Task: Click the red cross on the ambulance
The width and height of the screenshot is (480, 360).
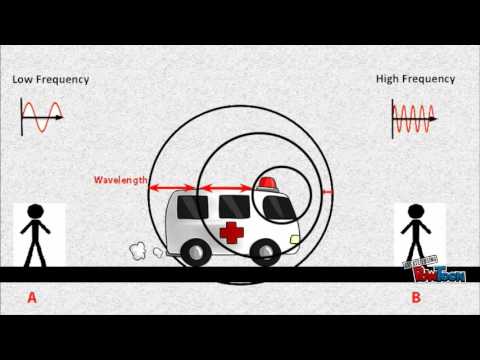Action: tap(231, 234)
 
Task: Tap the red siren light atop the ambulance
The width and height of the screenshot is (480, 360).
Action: tap(267, 183)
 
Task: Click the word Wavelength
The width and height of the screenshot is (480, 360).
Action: tap(121, 181)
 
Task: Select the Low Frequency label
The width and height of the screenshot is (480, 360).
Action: tap(51, 79)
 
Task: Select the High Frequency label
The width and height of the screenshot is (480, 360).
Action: tap(415, 78)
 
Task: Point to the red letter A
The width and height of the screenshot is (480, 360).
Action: tap(32, 296)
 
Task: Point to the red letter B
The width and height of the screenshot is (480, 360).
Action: tap(415, 296)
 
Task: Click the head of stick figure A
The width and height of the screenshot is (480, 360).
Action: tap(36, 213)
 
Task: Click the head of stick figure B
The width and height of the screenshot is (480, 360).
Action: tap(414, 213)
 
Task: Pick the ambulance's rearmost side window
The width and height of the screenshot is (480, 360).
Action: tap(189, 207)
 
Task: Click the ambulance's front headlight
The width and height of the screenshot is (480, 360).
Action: tap(294, 240)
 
